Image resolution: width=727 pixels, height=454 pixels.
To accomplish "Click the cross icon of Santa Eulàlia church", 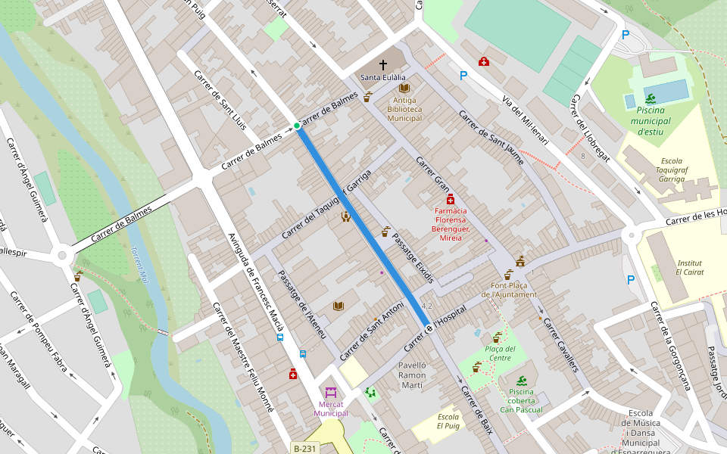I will point(382,65).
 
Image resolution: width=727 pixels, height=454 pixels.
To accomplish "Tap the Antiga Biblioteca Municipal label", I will point(404,109).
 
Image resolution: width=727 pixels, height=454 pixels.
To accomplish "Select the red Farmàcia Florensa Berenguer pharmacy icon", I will point(451,199).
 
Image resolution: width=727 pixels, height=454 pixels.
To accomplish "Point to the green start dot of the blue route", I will point(297,126).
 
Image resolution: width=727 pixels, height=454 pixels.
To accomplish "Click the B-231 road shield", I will point(305,448).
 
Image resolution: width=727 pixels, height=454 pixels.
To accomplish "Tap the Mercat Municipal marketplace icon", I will point(331,393).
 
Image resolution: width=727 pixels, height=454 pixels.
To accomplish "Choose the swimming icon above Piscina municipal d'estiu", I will point(651,98).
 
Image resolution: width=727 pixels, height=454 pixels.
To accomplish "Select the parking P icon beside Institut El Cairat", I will point(631,280).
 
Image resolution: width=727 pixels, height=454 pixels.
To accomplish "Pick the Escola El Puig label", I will point(448,421).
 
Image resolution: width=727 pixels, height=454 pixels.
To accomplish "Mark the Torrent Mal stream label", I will point(139,264).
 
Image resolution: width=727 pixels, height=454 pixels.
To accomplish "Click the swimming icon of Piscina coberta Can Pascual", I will point(522,380).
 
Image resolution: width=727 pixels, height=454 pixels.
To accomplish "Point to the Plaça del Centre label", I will point(500,353).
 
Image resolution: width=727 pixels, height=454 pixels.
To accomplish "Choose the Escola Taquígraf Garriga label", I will point(671,169).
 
